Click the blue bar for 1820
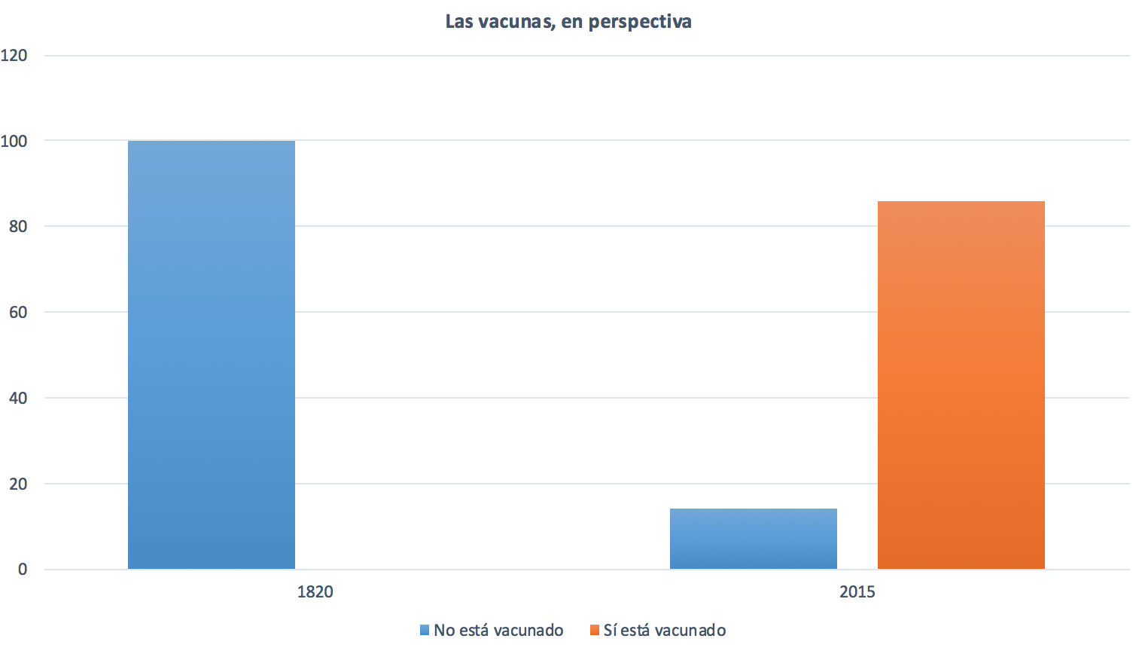click(212, 354)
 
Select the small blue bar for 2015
click(753, 539)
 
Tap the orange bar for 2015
click(961, 384)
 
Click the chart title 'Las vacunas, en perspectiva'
click(568, 21)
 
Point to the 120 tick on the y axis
click(14, 55)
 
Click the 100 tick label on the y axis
click(14, 141)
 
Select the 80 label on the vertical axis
click(18, 226)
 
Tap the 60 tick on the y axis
click(18, 312)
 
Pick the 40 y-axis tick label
click(18, 398)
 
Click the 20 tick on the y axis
click(18, 484)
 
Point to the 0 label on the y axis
click(23, 570)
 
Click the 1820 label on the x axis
click(315, 591)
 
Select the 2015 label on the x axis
click(857, 591)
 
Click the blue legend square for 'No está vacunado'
click(425, 630)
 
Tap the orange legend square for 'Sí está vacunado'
click(595, 630)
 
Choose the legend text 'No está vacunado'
click(498, 630)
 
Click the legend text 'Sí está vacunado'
click(665, 630)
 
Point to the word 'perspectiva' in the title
click(640, 21)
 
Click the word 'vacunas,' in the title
click(517, 21)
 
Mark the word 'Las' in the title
click(459, 21)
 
